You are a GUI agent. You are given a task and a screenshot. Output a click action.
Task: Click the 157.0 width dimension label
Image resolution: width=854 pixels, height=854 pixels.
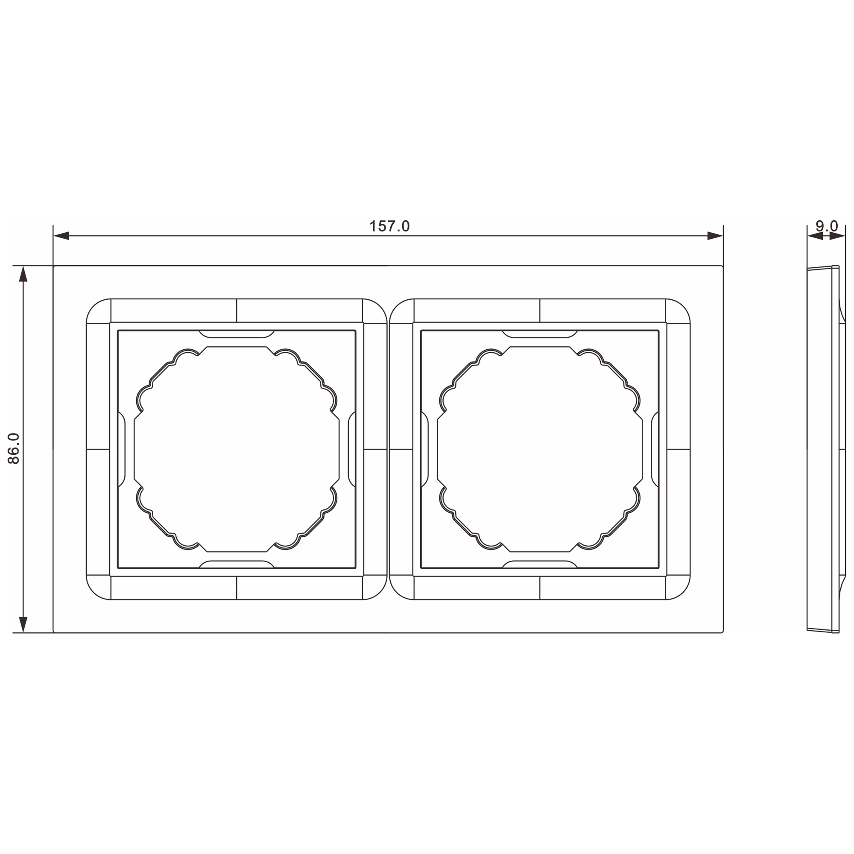(x=389, y=226)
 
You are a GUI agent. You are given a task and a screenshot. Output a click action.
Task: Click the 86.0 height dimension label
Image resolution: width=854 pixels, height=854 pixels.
(x=14, y=449)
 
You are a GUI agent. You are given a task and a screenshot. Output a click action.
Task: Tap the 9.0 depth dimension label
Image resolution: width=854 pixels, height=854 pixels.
(x=826, y=226)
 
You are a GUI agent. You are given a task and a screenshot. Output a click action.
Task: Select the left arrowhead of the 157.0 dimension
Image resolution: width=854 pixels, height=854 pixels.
(x=61, y=236)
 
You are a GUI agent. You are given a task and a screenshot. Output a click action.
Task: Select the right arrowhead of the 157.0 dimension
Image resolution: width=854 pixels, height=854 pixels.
(x=715, y=236)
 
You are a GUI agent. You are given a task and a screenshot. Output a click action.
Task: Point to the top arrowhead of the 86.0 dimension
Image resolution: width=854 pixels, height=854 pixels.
(x=23, y=274)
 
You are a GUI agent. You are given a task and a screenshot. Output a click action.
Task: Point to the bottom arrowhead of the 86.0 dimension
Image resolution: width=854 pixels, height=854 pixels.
(x=23, y=625)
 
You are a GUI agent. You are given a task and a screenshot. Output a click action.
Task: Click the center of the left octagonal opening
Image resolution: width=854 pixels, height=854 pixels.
(x=237, y=449)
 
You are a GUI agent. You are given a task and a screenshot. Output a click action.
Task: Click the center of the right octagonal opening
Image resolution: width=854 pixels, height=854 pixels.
(x=540, y=449)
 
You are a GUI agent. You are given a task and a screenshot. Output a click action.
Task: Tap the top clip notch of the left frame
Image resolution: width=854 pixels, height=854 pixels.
(x=237, y=334)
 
